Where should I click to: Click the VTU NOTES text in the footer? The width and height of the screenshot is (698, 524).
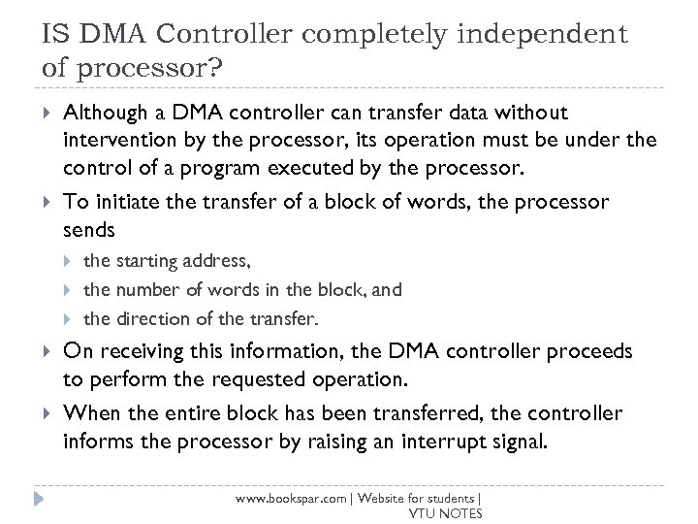pos(446,512)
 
